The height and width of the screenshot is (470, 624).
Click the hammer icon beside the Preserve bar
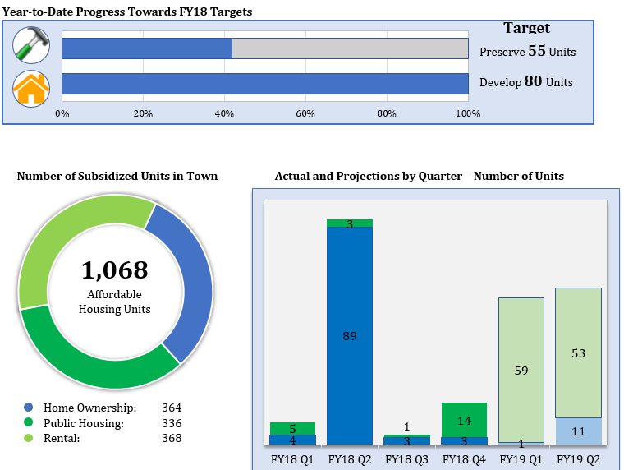pyautogui.click(x=31, y=46)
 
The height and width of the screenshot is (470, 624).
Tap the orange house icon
pyautogui.click(x=31, y=88)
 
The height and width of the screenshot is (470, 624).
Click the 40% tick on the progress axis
pyautogui.click(x=224, y=113)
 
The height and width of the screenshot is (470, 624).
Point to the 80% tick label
pyautogui.click(x=387, y=113)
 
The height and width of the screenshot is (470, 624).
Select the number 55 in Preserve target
pyautogui.click(x=536, y=51)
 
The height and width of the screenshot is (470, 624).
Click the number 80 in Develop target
pyautogui.click(x=533, y=81)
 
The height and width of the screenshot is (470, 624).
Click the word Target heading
pyautogui.click(x=526, y=28)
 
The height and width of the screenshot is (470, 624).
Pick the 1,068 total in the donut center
pyautogui.click(x=115, y=270)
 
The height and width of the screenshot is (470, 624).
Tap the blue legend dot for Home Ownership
pyautogui.click(x=29, y=408)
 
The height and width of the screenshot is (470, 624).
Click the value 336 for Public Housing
pyautogui.click(x=172, y=423)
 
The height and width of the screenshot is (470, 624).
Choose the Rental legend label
pyautogui.click(x=62, y=438)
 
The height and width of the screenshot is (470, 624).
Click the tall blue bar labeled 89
pyautogui.click(x=350, y=335)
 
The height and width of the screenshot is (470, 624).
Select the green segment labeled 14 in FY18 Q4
pyautogui.click(x=464, y=420)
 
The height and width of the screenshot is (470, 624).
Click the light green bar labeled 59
pyautogui.click(x=521, y=370)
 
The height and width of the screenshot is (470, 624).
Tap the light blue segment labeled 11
pyautogui.click(x=578, y=431)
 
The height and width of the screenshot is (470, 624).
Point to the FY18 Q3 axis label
pyautogui.click(x=407, y=459)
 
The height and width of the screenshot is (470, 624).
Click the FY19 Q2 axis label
pyautogui.click(x=578, y=459)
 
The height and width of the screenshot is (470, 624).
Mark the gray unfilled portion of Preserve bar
pyautogui.click(x=350, y=48)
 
